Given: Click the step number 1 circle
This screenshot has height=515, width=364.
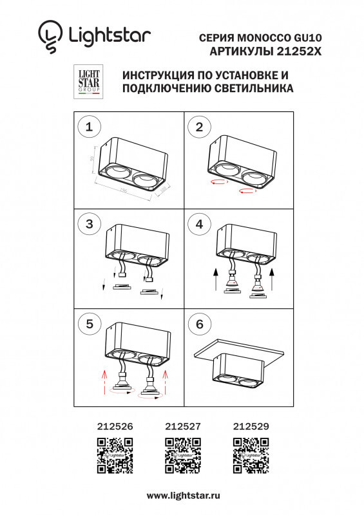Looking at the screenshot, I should [89, 127].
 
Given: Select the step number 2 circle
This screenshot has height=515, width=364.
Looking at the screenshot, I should [199, 127].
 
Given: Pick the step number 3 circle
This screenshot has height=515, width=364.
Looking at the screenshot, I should [89, 224].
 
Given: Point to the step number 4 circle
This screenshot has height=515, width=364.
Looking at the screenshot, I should [199, 224].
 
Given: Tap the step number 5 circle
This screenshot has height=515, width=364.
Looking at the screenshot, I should [89, 324].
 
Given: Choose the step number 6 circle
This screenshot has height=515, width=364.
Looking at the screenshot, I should [199, 324].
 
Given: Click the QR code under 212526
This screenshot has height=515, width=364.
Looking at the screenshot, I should [115, 455].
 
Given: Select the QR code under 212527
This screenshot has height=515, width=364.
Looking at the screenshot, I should [183, 455].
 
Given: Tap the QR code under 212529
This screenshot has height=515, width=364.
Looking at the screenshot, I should [251, 455].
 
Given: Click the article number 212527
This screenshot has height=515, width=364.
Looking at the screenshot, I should [183, 426].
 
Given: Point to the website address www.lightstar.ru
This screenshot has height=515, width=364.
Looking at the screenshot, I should [184, 496].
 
